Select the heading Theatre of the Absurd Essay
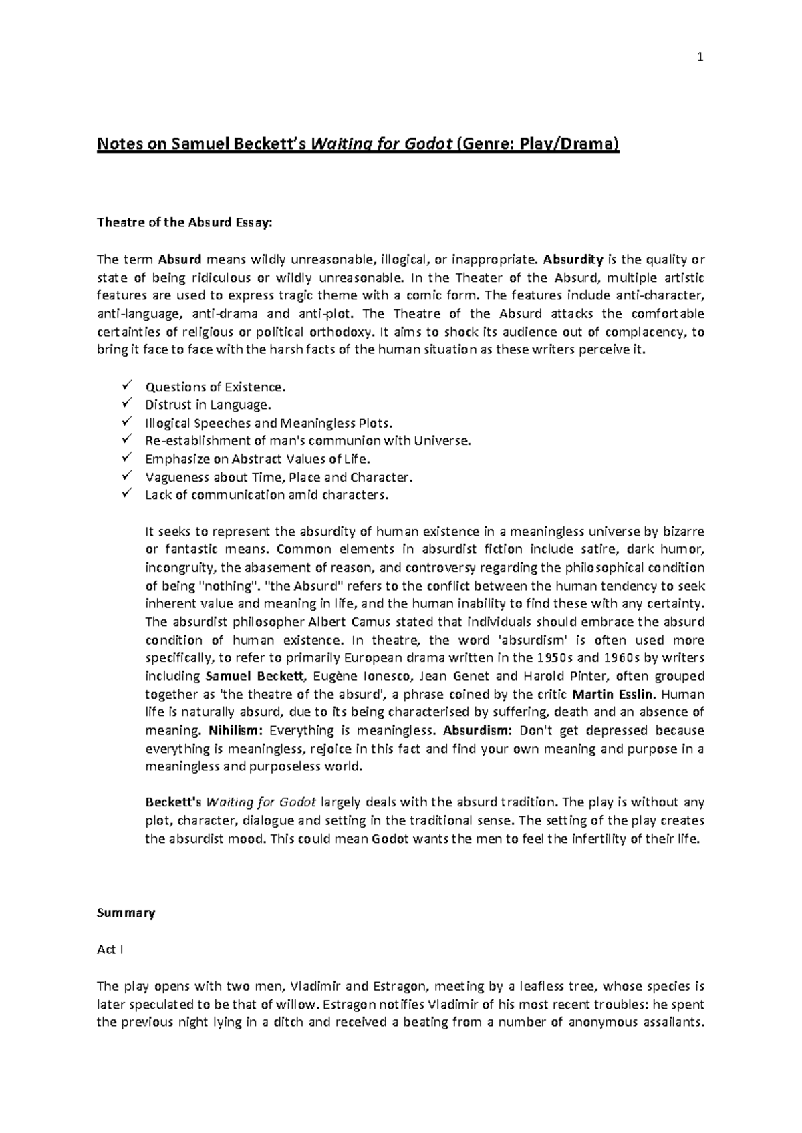pos(184,223)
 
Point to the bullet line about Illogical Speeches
pos(269,423)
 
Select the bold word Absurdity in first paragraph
pos(573,259)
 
